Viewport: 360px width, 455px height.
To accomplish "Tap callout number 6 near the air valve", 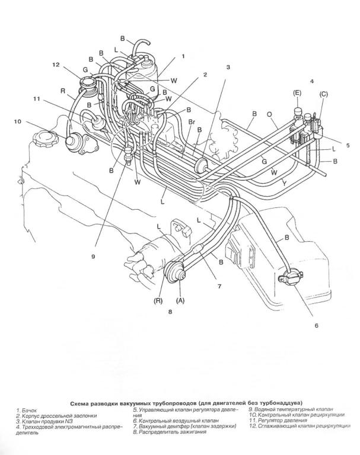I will (316, 325).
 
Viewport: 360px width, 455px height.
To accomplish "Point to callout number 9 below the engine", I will (94, 257).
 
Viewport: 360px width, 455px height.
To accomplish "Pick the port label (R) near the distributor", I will (160, 300).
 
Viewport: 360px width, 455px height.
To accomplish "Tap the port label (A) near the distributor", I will (181, 300).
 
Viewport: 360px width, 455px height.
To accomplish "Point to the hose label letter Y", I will (285, 183).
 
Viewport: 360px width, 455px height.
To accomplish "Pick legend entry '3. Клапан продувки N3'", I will (40, 421).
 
